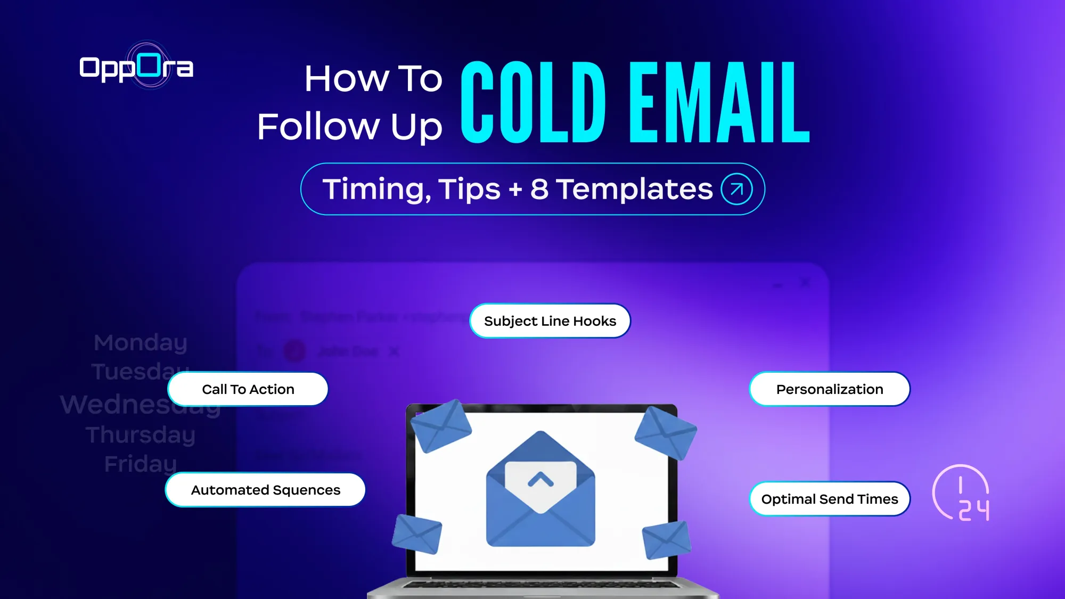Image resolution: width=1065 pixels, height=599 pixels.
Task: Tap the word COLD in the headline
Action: point(533,102)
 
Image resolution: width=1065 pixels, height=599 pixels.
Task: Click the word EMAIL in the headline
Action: point(719,102)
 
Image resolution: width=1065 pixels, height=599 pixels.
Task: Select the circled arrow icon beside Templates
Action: point(736,189)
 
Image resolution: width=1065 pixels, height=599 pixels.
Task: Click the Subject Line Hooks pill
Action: point(550,321)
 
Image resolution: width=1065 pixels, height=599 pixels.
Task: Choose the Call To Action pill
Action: point(248,389)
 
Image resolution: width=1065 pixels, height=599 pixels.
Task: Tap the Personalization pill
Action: point(829,389)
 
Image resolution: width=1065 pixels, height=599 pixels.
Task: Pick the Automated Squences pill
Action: point(265,490)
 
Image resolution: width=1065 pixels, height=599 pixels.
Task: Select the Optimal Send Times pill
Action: point(829,499)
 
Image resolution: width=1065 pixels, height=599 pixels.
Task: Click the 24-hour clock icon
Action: point(962,493)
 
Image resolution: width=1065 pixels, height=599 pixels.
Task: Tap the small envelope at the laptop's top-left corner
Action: point(441,426)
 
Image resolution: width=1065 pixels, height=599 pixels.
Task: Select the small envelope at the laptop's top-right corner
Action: point(666,432)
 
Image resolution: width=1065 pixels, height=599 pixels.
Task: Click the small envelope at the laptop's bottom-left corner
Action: point(417,534)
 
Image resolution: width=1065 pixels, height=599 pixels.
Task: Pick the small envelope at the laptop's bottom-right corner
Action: point(666,539)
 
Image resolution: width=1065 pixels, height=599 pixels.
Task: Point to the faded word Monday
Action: point(141,342)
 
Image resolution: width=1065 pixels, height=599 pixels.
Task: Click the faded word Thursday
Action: point(141,434)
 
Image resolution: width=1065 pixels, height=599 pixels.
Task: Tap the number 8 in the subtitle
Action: point(539,189)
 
